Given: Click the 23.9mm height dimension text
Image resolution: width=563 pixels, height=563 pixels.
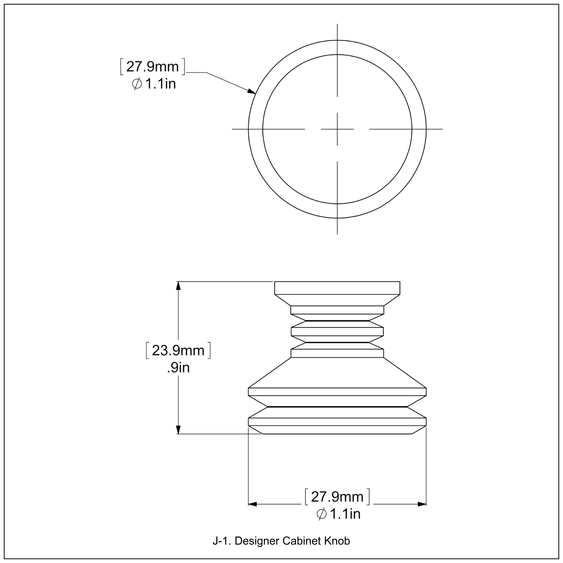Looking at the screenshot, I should [x=178, y=351].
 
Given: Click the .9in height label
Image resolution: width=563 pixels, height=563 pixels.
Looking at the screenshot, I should [x=178, y=368].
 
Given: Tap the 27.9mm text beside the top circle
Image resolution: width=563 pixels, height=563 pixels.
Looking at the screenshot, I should [x=152, y=67].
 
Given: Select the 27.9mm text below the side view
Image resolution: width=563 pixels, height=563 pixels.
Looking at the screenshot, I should [x=337, y=497].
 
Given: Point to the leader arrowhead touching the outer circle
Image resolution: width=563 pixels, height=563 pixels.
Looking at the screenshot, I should [x=252, y=92].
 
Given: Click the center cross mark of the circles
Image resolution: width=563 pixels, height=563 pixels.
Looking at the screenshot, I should [x=337, y=129].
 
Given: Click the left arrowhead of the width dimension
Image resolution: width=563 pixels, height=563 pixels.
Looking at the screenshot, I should [x=253, y=504].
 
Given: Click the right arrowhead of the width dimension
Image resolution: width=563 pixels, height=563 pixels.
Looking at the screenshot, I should [x=422, y=504].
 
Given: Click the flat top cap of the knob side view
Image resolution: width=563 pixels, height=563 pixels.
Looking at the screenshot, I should [x=337, y=288].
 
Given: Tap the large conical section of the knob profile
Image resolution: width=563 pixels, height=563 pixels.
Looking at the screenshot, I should [x=337, y=373].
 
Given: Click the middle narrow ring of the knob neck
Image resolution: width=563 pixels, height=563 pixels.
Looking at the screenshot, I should [x=337, y=332].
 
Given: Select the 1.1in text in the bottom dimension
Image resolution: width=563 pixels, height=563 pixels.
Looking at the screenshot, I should [x=345, y=514].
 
